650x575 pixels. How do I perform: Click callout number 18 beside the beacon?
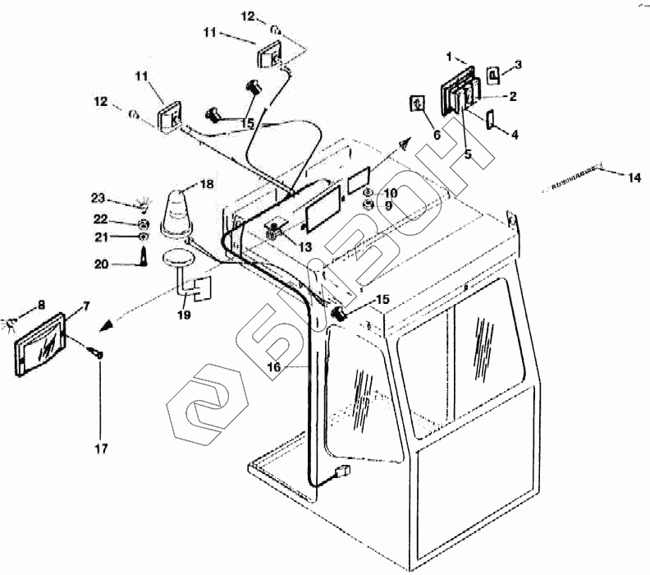pyautogui.click(x=206, y=185)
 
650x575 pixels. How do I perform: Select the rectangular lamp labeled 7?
pyautogui.click(x=42, y=343)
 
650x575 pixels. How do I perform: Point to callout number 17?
pyautogui.click(x=99, y=448)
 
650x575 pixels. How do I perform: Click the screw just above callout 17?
pyautogui.click(x=97, y=352)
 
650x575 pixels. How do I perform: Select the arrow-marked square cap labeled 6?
pyautogui.click(x=418, y=104)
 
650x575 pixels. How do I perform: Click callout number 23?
pyautogui.click(x=98, y=198)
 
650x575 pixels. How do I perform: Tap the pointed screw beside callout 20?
pyautogui.click(x=144, y=255)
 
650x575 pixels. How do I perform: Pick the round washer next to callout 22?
pyautogui.click(x=142, y=224)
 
